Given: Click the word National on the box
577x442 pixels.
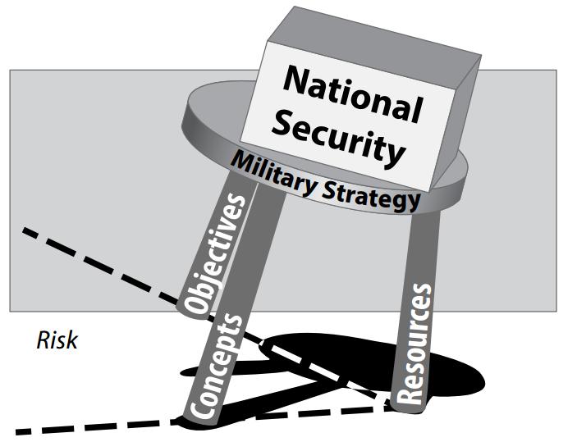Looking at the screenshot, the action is (353, 93).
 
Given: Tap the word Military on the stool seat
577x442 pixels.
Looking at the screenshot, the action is (273, 173).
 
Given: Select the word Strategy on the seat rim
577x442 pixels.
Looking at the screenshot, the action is (372, 198).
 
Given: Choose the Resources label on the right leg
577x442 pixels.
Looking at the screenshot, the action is (414, 344).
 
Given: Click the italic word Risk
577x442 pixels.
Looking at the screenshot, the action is (57, 340).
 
